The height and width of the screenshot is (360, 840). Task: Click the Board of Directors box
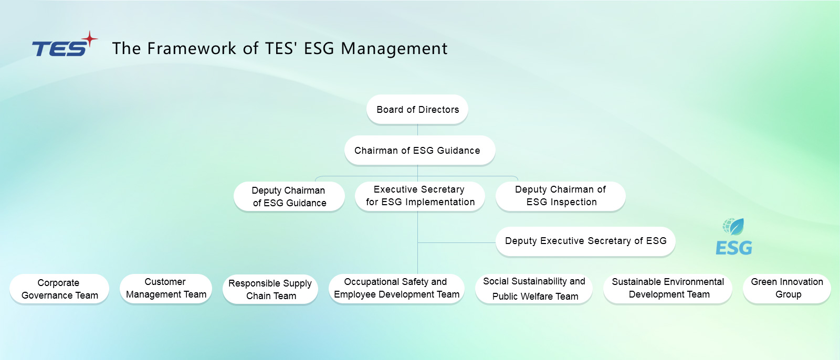pos(417,110)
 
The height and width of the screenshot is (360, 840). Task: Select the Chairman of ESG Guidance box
pos(419,151)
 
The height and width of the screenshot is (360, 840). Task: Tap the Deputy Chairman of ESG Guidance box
pos(289,197)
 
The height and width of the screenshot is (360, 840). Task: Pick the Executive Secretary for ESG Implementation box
pos(419,196)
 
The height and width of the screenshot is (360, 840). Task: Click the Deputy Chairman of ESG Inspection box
pos(560,196)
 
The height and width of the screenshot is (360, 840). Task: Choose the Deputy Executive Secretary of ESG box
pos(585,241)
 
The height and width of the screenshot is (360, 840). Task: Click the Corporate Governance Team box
pos(59,289)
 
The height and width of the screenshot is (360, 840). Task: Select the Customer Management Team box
pos(166,288)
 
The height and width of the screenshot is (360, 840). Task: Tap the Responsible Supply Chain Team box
pos(270,289)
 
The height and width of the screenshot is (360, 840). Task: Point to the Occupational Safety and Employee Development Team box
pos(396,288)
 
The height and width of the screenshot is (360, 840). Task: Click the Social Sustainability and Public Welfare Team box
pos(534,289)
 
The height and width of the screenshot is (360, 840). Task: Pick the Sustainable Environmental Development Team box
pos(668,288)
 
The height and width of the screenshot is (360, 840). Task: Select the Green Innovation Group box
pos(786,288)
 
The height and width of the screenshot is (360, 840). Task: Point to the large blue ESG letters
pos(733,248)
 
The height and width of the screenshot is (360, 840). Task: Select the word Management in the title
pos(394,49)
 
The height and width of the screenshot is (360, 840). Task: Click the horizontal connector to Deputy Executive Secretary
pos(457,242)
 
